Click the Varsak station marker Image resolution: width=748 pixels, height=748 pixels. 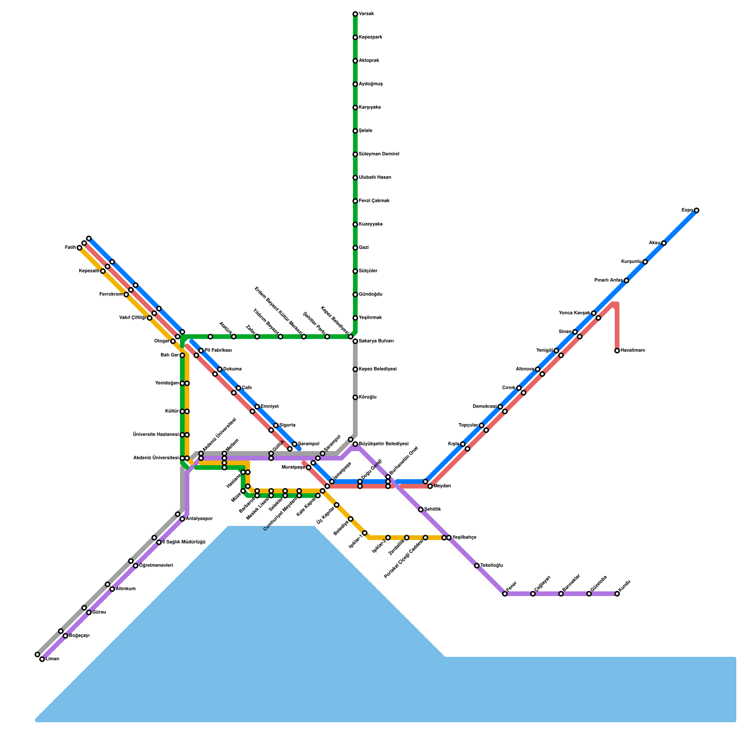click(x=355, y=14)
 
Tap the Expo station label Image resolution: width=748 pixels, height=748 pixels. click(x=687, y=210)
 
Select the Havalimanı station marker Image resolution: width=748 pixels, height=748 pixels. click(x=617, y=351)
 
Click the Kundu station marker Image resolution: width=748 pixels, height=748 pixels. click(x=617, y=594)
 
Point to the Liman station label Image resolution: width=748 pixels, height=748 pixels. click(x=52, y=659)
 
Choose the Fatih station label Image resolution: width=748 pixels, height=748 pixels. click(x=70, y=248)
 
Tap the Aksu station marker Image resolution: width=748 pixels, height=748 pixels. click(x=664, y=243)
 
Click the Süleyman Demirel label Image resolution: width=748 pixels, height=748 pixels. click(x=379, y=154)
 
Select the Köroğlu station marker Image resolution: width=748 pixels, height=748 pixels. click(x=355, y=397)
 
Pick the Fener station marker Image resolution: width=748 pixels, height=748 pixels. click(x=505, y=594)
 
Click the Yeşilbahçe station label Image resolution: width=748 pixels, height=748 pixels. click(x=464, y=538)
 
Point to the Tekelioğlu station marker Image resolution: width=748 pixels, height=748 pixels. click(x=477, y=566)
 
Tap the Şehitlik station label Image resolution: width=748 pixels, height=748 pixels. click(x=432, y=510)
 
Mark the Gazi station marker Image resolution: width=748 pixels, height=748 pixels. click(x=355, y=248)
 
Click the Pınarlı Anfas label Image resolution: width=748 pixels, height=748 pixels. click(x=608, y=280)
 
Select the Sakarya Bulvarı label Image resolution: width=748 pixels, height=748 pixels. click(x=376, y=341)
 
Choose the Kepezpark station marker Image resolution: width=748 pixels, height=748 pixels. click(x=355, y=37)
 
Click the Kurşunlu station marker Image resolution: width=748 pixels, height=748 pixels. click(x=645, y=262)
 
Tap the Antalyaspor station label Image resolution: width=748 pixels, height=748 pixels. click(x=199, y=519)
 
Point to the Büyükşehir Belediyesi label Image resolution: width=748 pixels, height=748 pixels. click(x=383, y=444)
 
